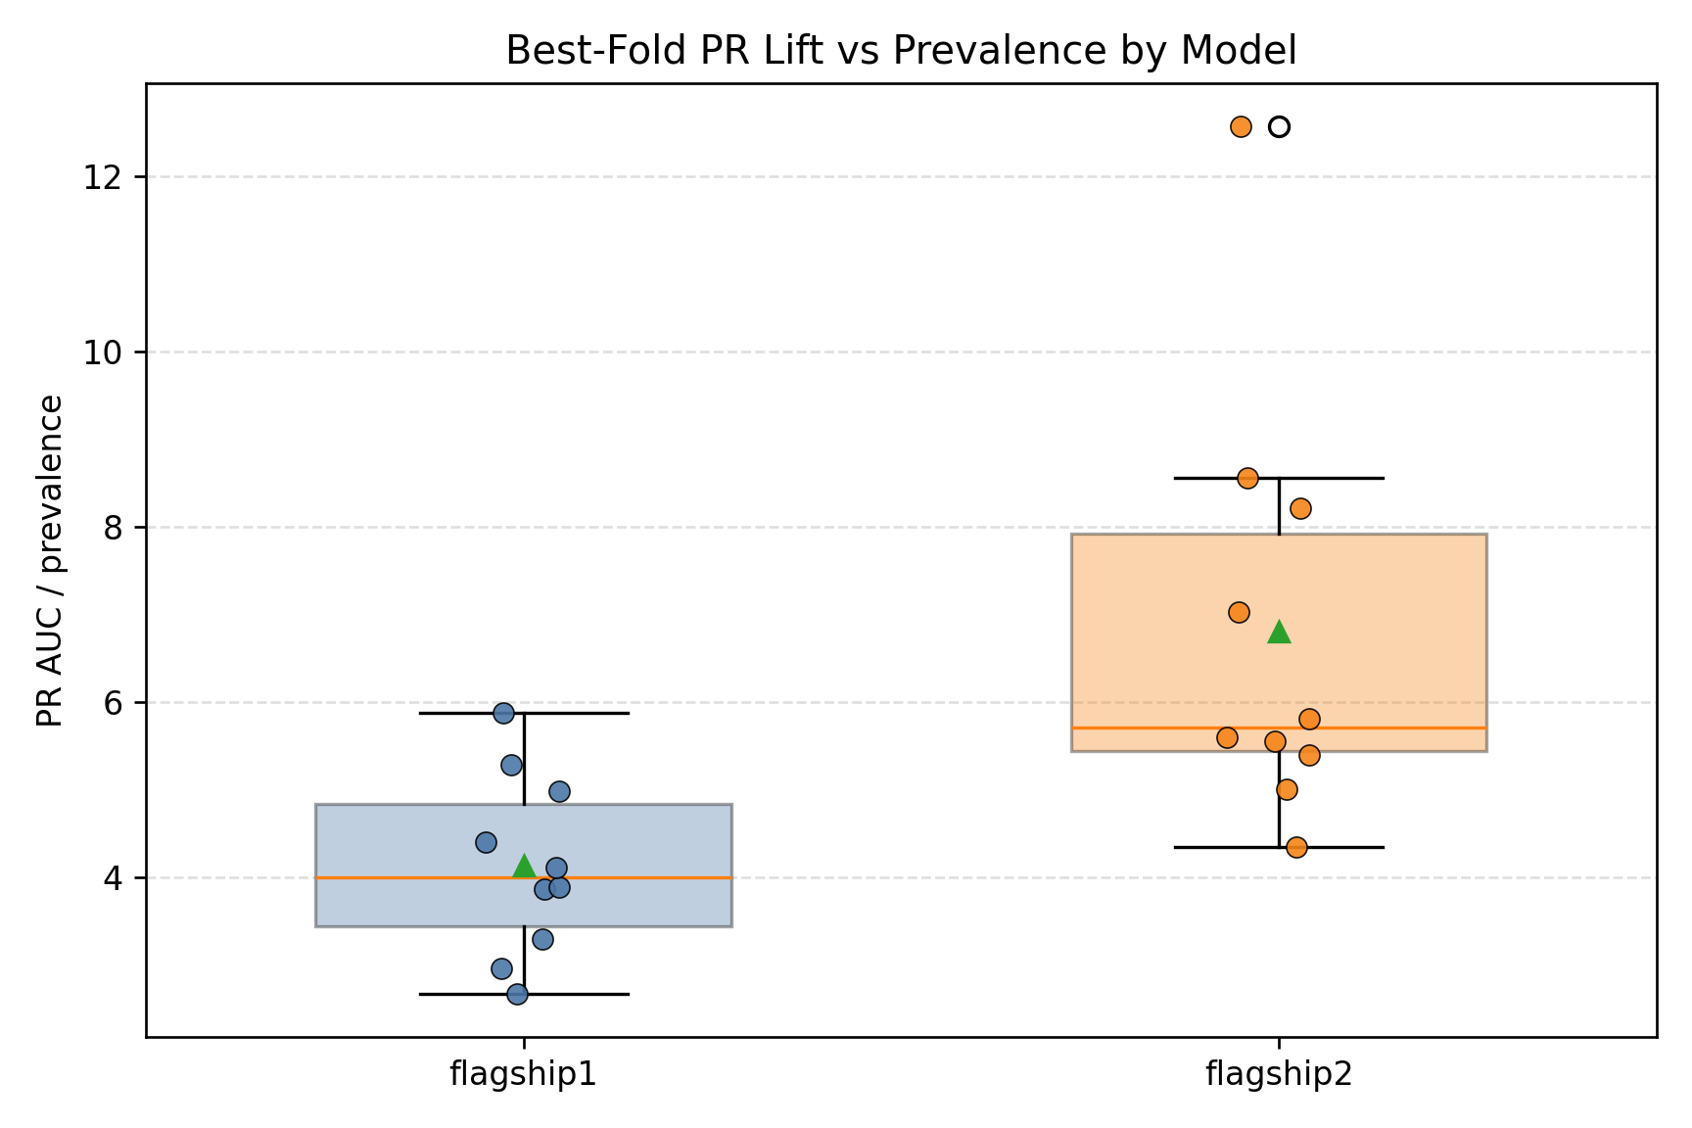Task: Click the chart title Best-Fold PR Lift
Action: [x=901, y=51]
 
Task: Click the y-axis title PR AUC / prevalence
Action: [x=50, y=561]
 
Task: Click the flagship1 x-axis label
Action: [x=523, y=1074]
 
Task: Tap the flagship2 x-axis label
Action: [x=1279, y=1074]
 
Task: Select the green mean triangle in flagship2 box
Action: [x=1279, y=633]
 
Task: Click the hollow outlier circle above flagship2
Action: [x=1279, y=126]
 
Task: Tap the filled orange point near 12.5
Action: [x=1241, y=126]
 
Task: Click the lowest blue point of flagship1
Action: [x=517, y=994]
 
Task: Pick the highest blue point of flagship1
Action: [x=503, y=713]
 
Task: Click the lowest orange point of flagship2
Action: [x=1296, y=847]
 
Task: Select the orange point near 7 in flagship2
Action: [x=1239, y=612]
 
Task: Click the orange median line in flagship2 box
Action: [x=1390, y=728]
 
